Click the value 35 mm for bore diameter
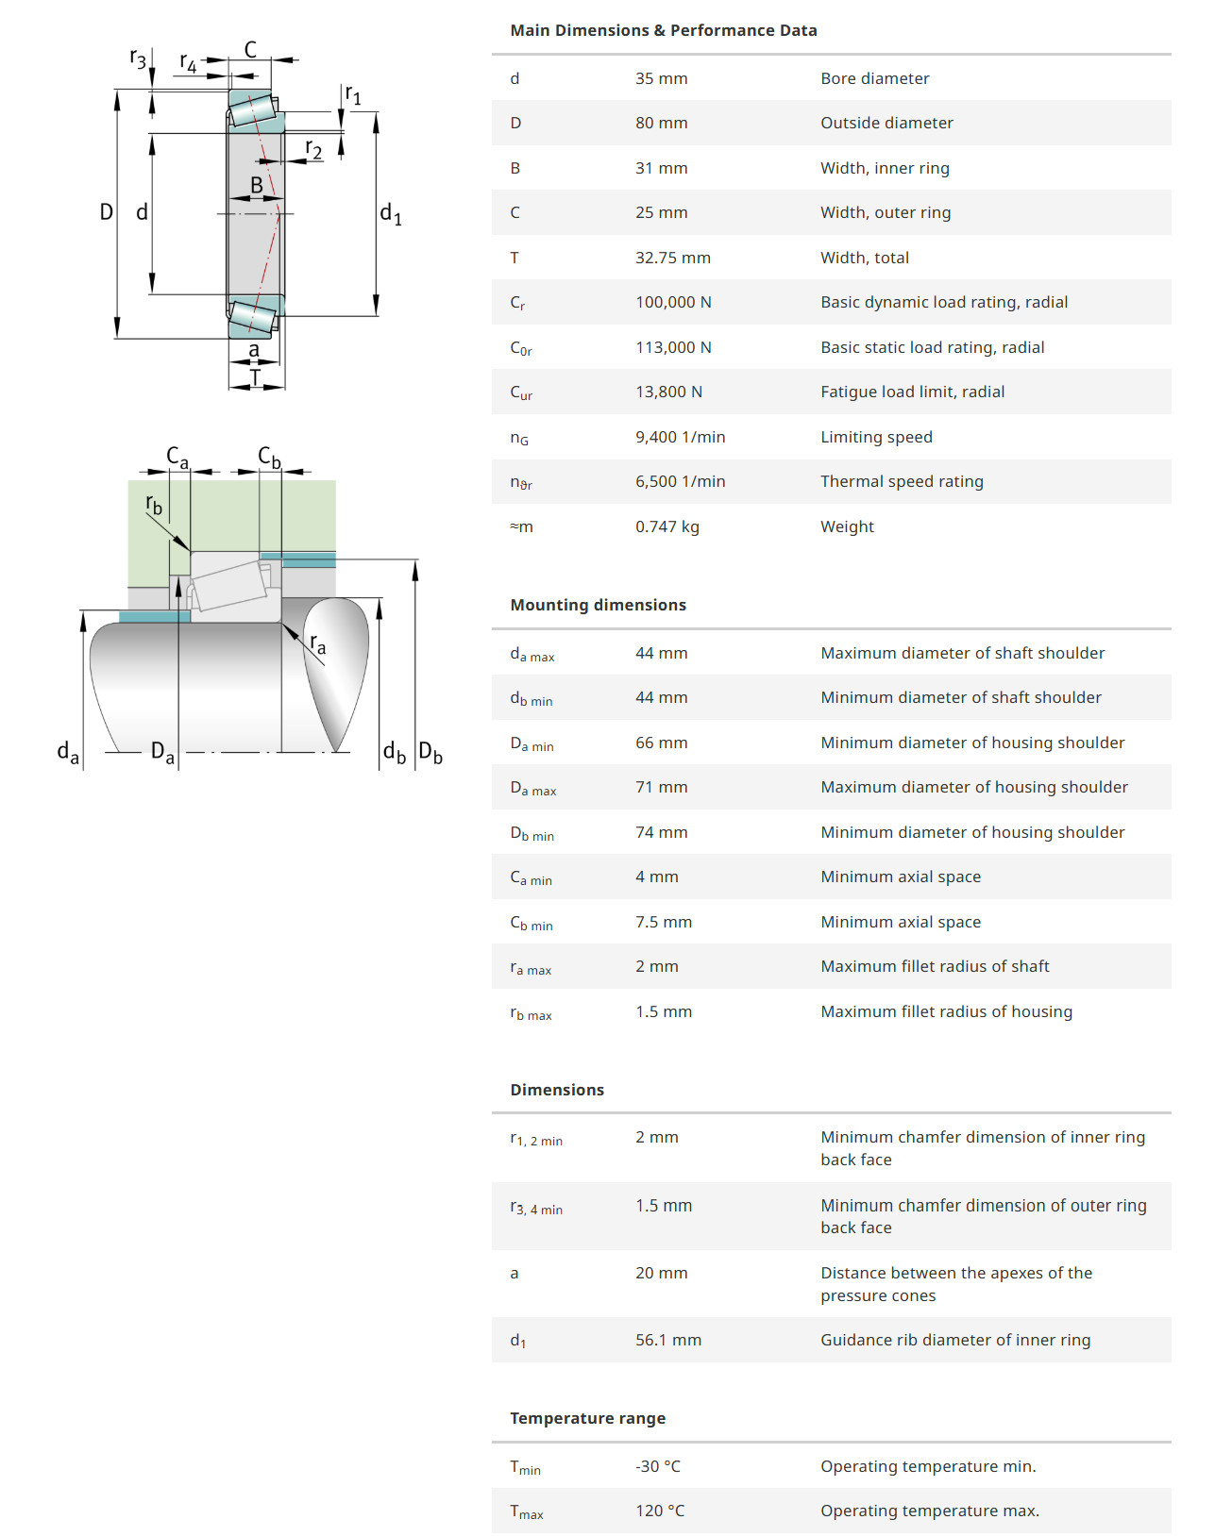661,78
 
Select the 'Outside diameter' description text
886,123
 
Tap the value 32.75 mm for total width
672,258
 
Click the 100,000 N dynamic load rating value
673,302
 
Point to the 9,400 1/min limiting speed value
680,437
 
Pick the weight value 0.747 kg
667,526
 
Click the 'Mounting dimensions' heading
598,605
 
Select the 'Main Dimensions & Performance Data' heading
663,30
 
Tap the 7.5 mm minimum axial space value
663,922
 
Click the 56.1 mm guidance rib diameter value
667,1340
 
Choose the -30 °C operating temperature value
657,1466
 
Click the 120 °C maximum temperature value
659,1511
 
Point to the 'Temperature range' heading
587,1418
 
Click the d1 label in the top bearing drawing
390,214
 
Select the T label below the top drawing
254,378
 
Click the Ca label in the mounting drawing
177,457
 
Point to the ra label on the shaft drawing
317,644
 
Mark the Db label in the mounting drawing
430,752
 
